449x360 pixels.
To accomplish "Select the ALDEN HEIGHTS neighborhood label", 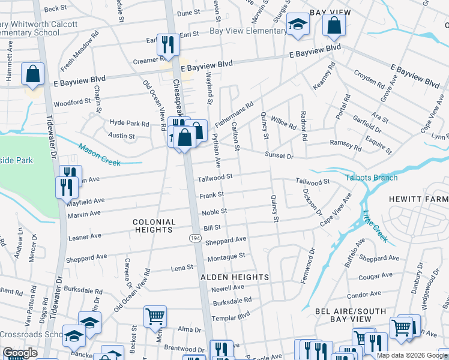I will click(234, 277).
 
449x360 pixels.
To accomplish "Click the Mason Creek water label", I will click(100, 154).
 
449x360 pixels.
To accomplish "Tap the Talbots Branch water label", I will click(371, 178).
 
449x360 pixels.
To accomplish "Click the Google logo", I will click(20, 353).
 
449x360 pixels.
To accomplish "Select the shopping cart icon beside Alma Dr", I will click(155, 315).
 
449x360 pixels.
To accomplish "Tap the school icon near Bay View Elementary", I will click(297, 25).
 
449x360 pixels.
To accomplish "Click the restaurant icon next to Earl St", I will click(167, 43).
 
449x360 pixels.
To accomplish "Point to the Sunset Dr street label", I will click(280, 156).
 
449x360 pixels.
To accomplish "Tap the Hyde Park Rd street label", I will click(128, 123).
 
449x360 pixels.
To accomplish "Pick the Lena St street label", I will click(182, 268).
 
